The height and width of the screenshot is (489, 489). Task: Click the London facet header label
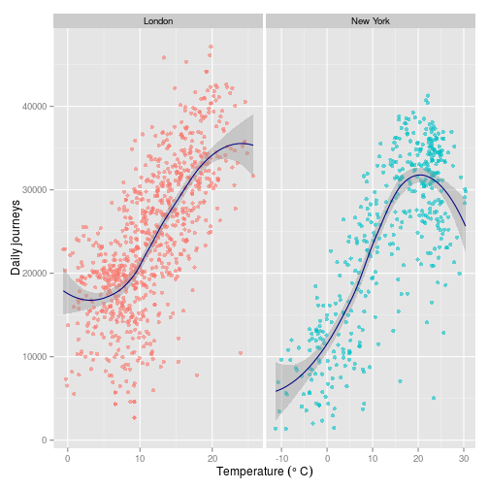point(157,20)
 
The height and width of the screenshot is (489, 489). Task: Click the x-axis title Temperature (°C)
point(265,472)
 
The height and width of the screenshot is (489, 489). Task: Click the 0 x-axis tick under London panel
point(68,455)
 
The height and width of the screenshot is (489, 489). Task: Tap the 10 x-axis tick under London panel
point(140,455)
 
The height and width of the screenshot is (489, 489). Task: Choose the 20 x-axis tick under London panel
point(212,455)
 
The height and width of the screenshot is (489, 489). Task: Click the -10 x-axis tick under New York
point(281,455)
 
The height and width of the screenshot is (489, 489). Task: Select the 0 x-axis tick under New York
point(327,455)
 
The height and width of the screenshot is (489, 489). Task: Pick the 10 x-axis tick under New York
point(373,455)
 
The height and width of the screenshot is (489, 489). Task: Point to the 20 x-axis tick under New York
point(418,455)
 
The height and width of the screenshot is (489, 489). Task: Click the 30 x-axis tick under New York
point(464,455)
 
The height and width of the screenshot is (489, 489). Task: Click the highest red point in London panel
point(211,46)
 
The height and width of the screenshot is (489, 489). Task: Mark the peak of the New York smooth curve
point(418,176)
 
